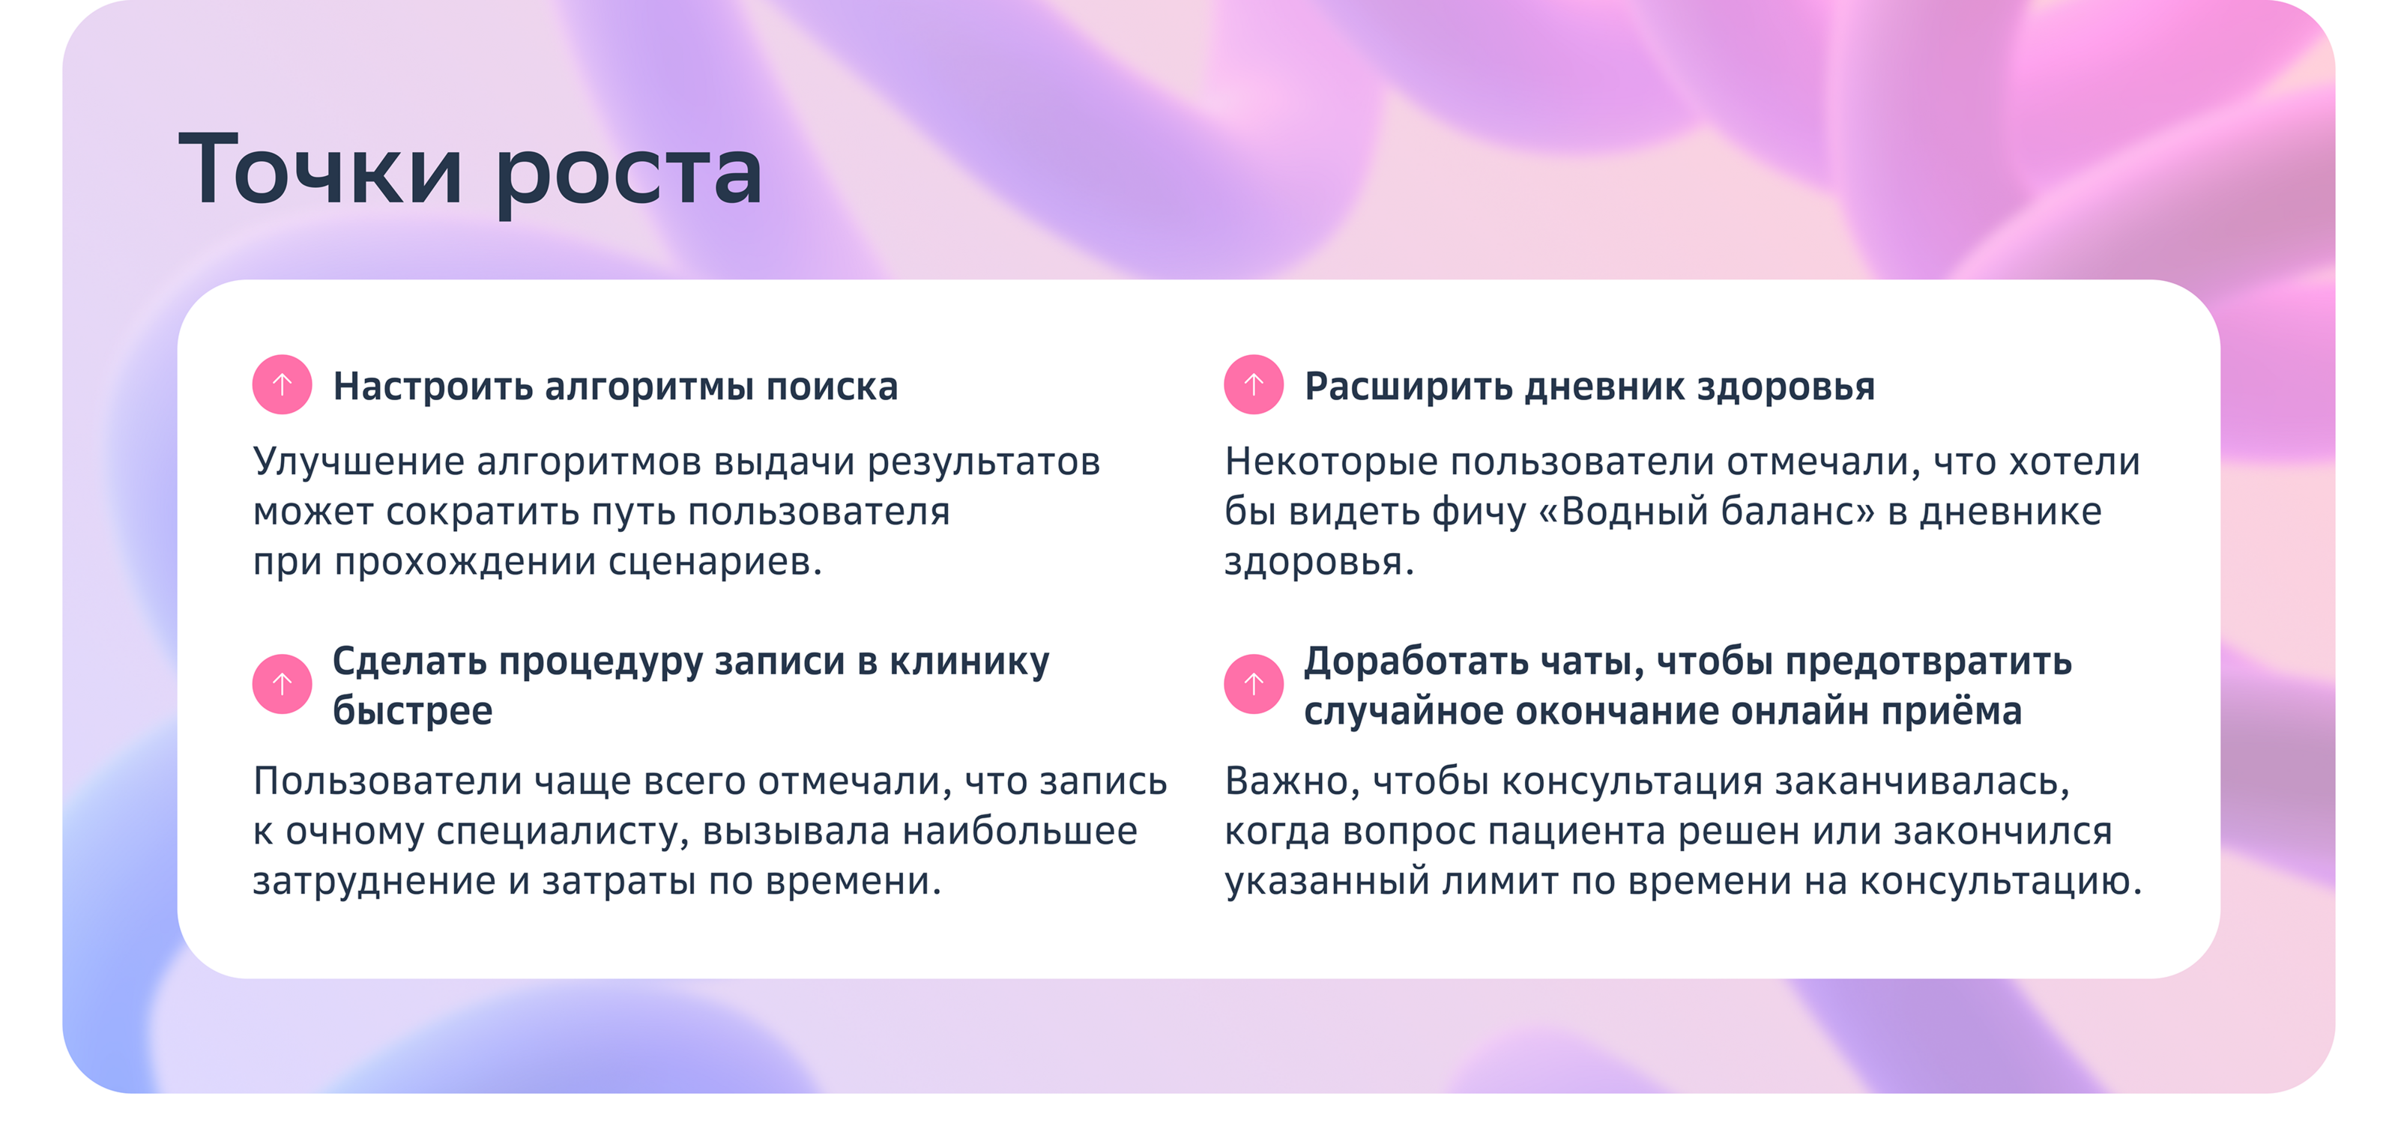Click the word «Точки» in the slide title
click(320, 170)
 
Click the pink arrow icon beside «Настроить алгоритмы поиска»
click(282, 384)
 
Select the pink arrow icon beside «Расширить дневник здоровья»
click(1253, 384)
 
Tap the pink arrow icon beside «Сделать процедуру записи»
click(282, 684)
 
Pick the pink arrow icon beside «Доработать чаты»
click(1253, 684)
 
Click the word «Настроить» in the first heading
click(433, 387)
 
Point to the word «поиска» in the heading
click(831, 387)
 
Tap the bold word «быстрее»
click(412, 712)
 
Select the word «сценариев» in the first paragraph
click(710, 562)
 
